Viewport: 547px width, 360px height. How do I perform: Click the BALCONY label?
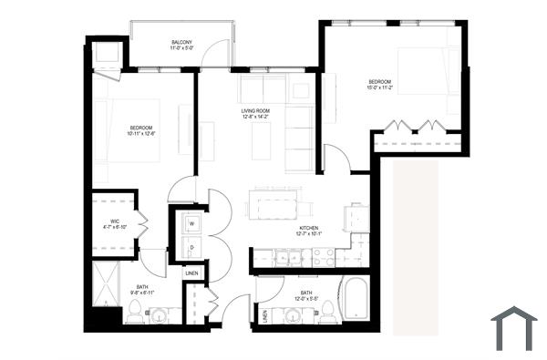tap(181, 43)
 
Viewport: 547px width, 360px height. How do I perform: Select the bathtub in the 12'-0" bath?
tap(354, 300)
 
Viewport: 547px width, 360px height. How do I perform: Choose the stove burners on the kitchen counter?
tap(325, 259)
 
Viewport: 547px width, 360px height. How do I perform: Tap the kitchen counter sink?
tap(291, 259)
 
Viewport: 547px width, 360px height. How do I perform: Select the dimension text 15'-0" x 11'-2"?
tap(384, 88)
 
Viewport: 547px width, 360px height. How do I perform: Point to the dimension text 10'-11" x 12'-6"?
tap(141, 134)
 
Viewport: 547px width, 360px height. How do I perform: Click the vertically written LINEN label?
tap(264, 315)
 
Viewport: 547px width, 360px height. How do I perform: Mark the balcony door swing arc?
tap(213, 55)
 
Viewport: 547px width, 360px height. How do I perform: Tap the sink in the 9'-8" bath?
tap(157, 314)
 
